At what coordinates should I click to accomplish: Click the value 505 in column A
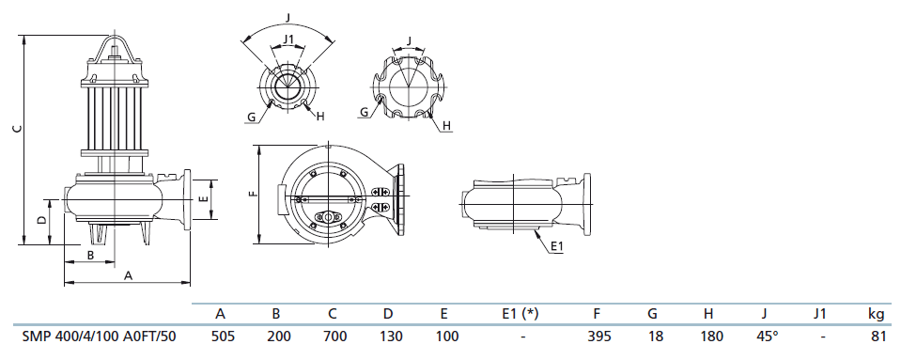point(223,337)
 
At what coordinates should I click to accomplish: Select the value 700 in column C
point(335,337)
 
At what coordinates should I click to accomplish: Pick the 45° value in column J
point(764,337)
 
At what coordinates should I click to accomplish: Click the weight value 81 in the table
point(878,337)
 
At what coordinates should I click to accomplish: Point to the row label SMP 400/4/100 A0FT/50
point(99,337)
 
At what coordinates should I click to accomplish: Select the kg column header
point(877,314)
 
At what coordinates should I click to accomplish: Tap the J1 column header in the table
point(821,313)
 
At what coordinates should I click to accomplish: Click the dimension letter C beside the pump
point(18,128)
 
